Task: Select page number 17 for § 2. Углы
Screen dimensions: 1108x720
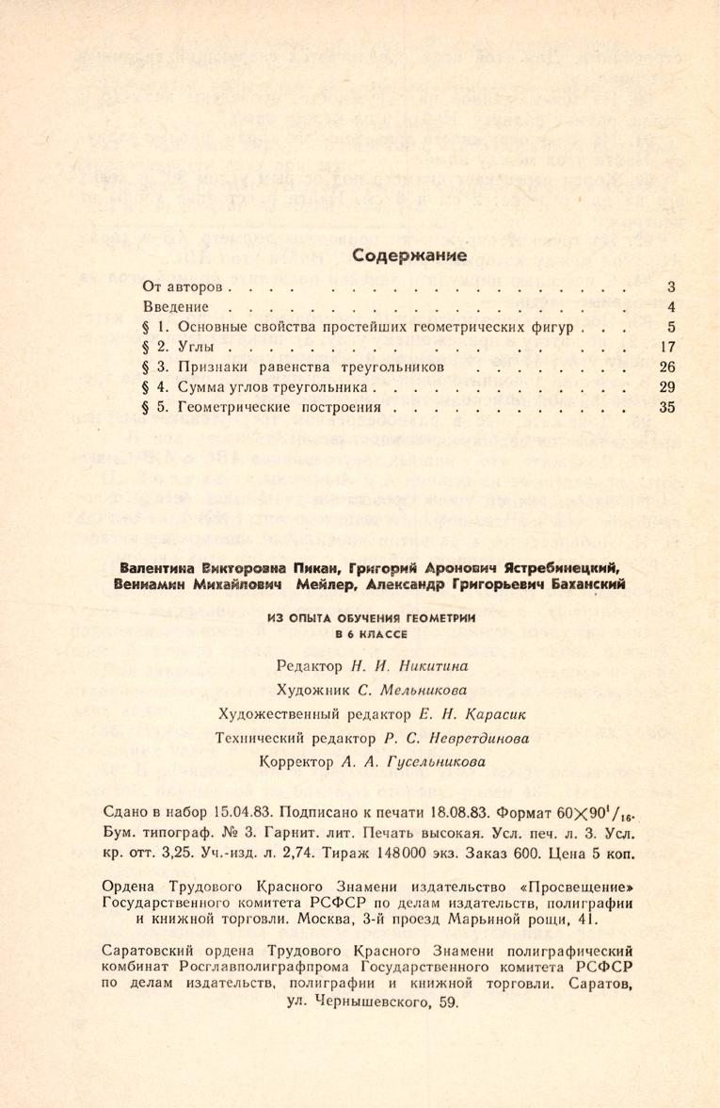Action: coord(668,347)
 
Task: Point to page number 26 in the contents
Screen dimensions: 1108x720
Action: coord(668,367)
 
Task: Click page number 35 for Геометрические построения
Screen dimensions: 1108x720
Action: coord(668,408)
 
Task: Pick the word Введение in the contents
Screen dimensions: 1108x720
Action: coord(176,306)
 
